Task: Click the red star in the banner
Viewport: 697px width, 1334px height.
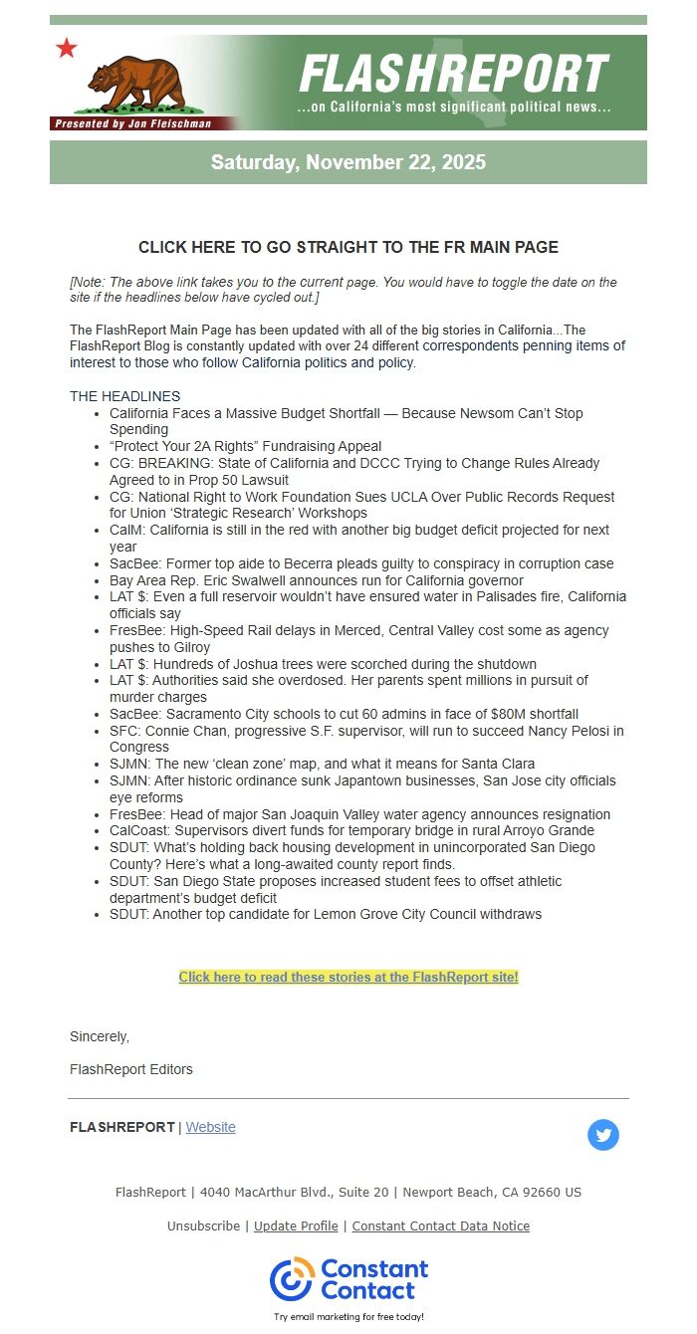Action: pos(67,48)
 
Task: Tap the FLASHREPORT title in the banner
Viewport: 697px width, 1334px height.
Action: pos(453,74)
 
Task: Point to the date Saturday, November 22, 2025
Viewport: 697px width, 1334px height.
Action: pos(348,162)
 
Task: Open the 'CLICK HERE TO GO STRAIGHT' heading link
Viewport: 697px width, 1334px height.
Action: pos(348,247)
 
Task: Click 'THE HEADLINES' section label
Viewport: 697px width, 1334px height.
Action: pos(125,396)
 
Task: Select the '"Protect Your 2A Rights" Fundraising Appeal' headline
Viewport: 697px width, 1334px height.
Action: pos(245,446)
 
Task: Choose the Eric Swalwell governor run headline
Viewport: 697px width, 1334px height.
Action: pos(317,580)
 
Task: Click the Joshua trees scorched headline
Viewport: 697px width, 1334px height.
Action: pos(323,664)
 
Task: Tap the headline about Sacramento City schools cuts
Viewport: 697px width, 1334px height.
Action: pos(344,714)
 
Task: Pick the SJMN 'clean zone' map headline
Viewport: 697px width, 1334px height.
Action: pos(322,764)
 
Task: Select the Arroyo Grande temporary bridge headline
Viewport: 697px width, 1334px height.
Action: pos(351,830)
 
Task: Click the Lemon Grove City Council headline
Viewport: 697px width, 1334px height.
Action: pos(326,914)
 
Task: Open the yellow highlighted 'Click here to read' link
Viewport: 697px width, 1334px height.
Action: pos(348,978)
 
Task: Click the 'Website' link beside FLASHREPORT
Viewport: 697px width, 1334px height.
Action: pos(211,1127)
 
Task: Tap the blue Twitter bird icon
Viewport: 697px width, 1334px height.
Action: pos(603,1135)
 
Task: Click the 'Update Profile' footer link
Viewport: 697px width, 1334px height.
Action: pos(296,1225)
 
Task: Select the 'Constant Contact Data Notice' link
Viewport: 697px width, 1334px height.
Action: pos(440,1225)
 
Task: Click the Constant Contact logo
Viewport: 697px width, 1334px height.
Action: pos(348,1280)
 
